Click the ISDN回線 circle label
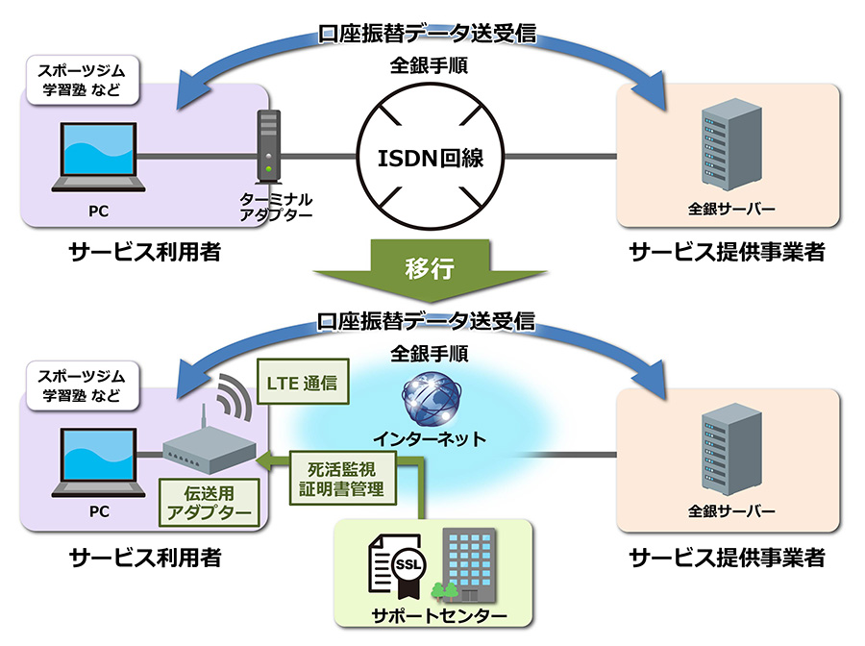(431, 159)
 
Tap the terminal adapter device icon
(269, 147)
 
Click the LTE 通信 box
(303, 383)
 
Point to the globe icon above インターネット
(432, 398)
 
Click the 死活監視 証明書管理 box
(342, 479)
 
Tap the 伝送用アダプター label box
(210, 503)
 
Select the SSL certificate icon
(398, 566)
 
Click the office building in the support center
(469, 565)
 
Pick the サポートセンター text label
(438, 615)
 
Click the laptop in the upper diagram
(98, 158)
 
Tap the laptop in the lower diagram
(98, 462)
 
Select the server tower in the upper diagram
(732, 145)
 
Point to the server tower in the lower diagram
(732, 449)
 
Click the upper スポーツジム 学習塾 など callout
(83, 81)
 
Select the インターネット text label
(430, 439)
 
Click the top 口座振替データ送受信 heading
(427, 33)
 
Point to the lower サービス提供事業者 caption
(728, 558)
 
